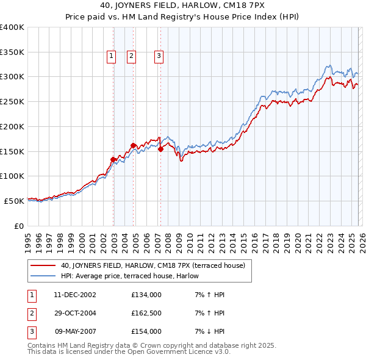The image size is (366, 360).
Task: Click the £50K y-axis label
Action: (14, 200)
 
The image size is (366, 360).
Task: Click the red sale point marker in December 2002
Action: (113, 159)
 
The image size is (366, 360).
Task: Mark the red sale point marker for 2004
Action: (133, 145)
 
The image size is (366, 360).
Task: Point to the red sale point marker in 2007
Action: (160, 149)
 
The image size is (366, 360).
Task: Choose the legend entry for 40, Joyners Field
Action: (152, 265)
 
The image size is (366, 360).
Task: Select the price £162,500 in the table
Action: (146, 313)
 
